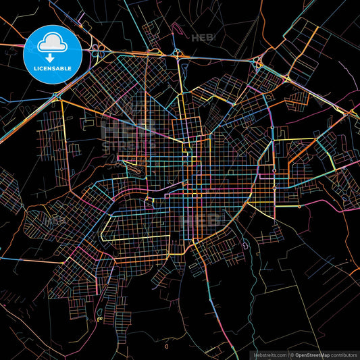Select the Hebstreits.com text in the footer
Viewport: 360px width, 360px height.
click(x=269, y=355)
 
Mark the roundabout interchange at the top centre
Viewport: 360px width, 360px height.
click(x=177, y=52)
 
